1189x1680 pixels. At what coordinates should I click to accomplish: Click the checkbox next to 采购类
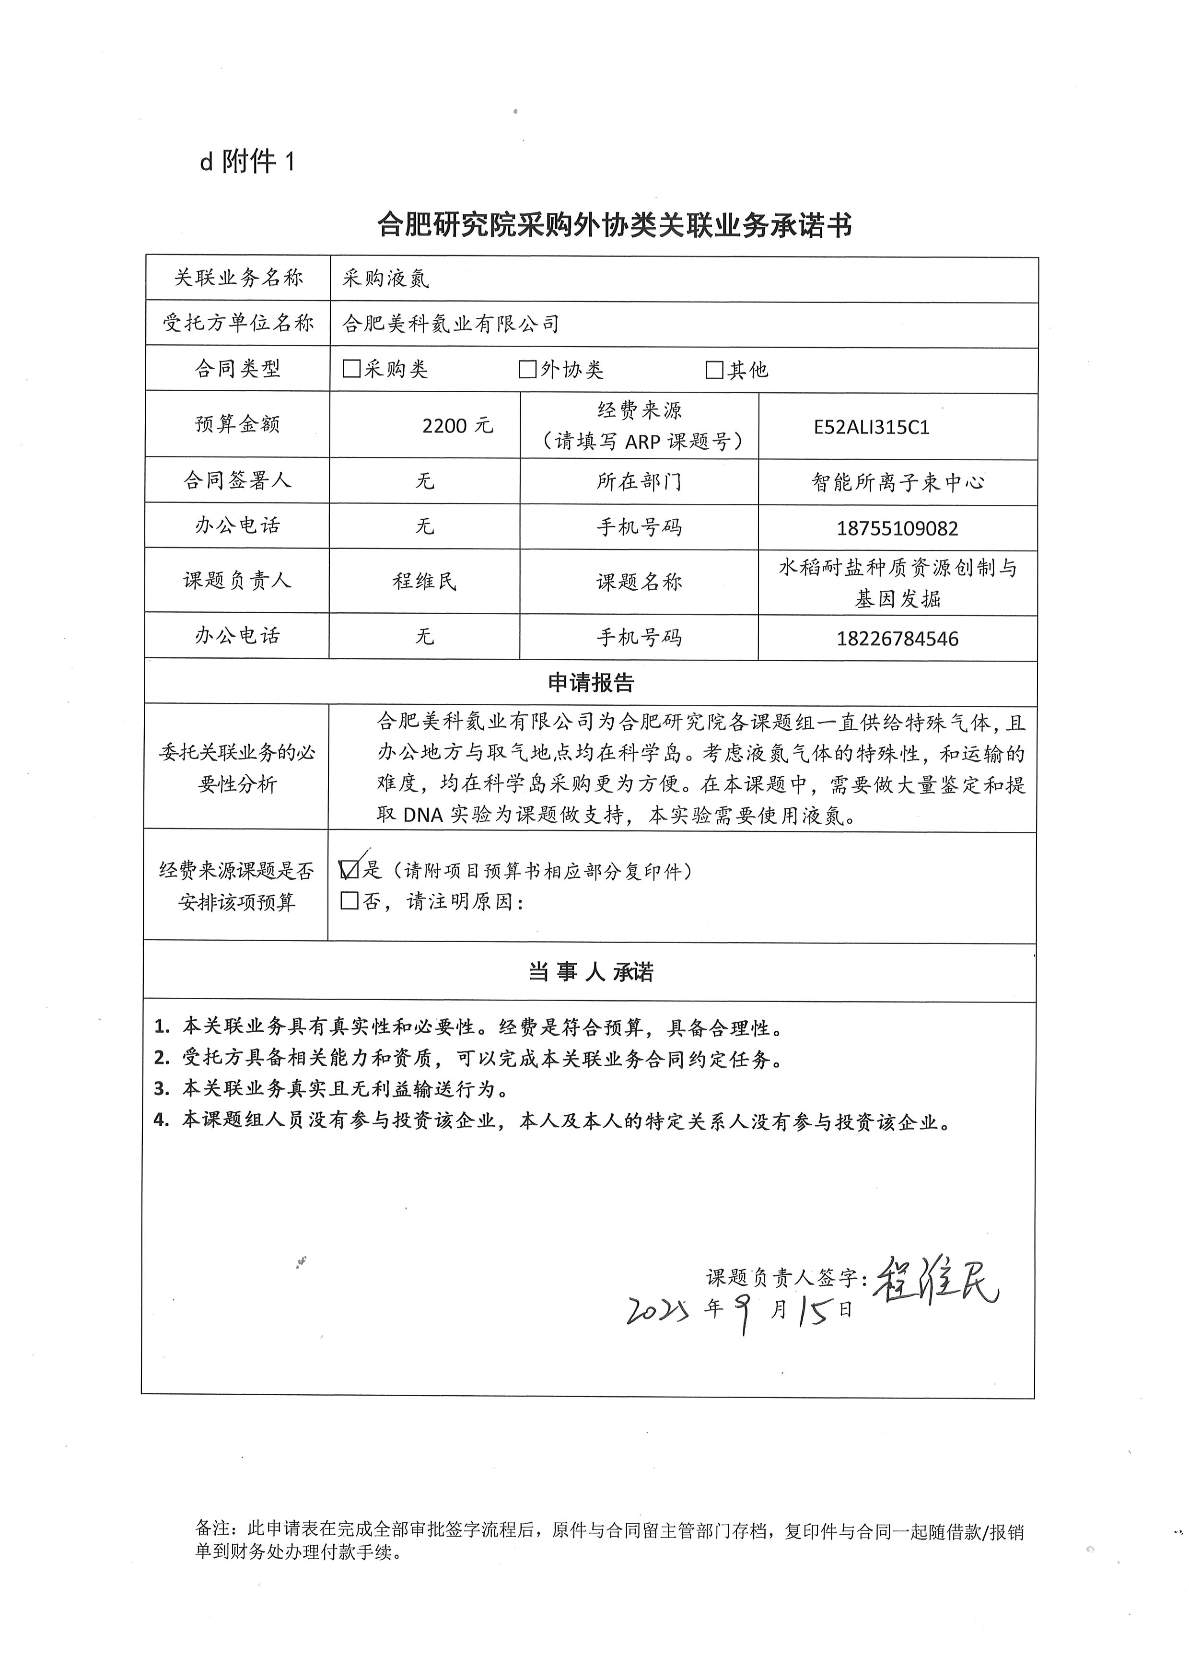point(351,369)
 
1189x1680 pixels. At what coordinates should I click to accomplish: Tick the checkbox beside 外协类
point(527,369)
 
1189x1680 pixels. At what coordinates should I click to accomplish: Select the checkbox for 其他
point(714,370)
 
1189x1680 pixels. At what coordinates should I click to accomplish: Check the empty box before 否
point(350,900)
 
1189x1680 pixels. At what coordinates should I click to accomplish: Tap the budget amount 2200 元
point(457,425)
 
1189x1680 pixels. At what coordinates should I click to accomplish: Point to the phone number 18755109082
point(897,528)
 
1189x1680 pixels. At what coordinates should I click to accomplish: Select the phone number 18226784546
point(897,638)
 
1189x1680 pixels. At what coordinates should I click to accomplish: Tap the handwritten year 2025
point(657,1310)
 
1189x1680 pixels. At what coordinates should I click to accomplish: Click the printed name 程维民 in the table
point(425,581)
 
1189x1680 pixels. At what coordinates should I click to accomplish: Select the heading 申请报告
point(591,683)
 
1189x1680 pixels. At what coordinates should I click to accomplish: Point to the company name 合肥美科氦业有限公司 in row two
point(450,324)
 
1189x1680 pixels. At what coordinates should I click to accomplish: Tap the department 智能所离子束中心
point(897,482)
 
